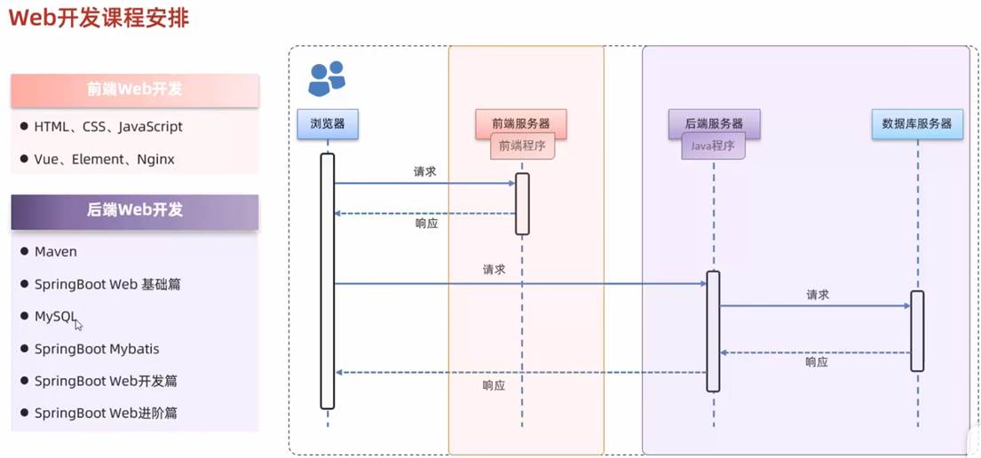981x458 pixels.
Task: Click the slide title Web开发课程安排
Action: tap(99, 18)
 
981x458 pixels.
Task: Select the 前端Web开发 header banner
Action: tap(135, 90)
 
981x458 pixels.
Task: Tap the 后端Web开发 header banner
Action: tap(135, 210)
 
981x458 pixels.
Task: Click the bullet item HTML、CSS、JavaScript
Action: tap(108, 127)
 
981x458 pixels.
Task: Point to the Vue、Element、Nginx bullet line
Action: tap(104, 160)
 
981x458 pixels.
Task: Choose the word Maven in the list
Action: tap(56, 252)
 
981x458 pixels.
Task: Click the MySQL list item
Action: tap(55, 316)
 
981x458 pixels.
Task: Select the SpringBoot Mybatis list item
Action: tap(97, 349)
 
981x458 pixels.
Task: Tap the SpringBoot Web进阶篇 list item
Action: tap(105, 414)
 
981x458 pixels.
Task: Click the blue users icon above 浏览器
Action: tap(326, 78)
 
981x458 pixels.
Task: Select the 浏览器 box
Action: tap(328, 124)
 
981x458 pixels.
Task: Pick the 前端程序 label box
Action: tap(522, 146)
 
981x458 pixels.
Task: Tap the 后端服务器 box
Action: tap(713, 124)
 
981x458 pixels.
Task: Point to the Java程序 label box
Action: tap(713, 146)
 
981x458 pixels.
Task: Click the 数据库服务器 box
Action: tap(917, 124)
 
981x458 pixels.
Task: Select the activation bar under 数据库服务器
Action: tap(917, 330)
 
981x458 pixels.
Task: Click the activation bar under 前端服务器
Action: tap(522, 203)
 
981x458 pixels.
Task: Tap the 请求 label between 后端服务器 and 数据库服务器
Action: tap(817, 295)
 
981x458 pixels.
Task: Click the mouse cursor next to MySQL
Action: tap(79, 325)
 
